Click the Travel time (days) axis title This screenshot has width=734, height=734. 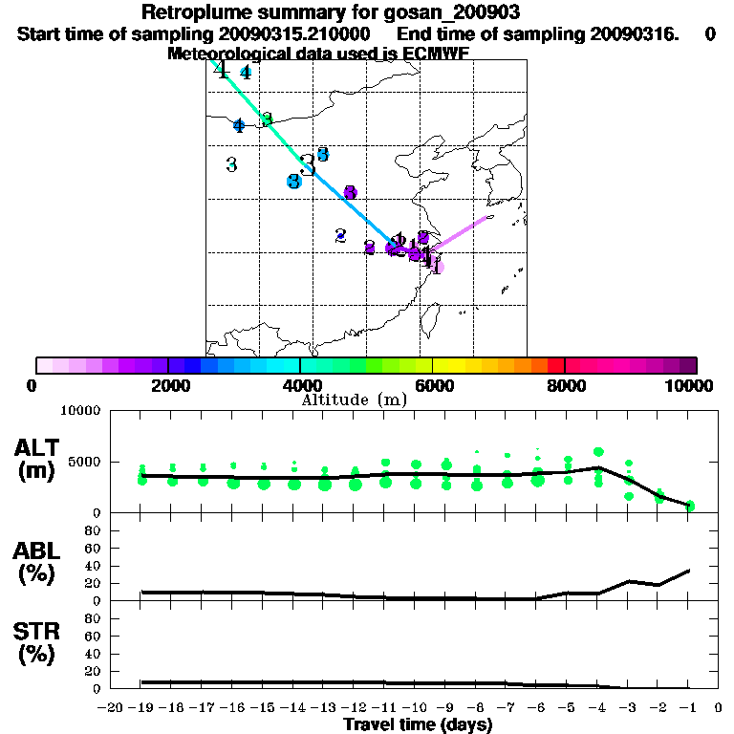[418, 725]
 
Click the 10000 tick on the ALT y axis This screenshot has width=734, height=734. [80, 411]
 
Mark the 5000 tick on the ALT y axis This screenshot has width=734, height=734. [84, 463]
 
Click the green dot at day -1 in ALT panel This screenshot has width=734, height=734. [689, 506]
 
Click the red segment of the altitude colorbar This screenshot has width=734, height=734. [555, 365]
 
